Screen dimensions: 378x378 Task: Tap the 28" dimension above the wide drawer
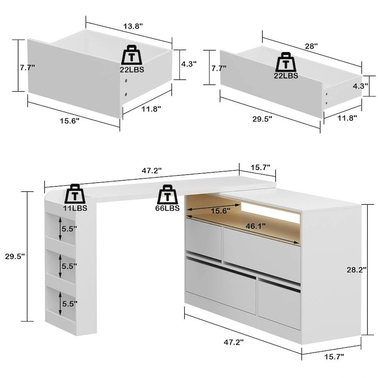pos(311,46)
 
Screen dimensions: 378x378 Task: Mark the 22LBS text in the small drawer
pos(132,69)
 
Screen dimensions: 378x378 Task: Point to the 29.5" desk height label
pos(14,256)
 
